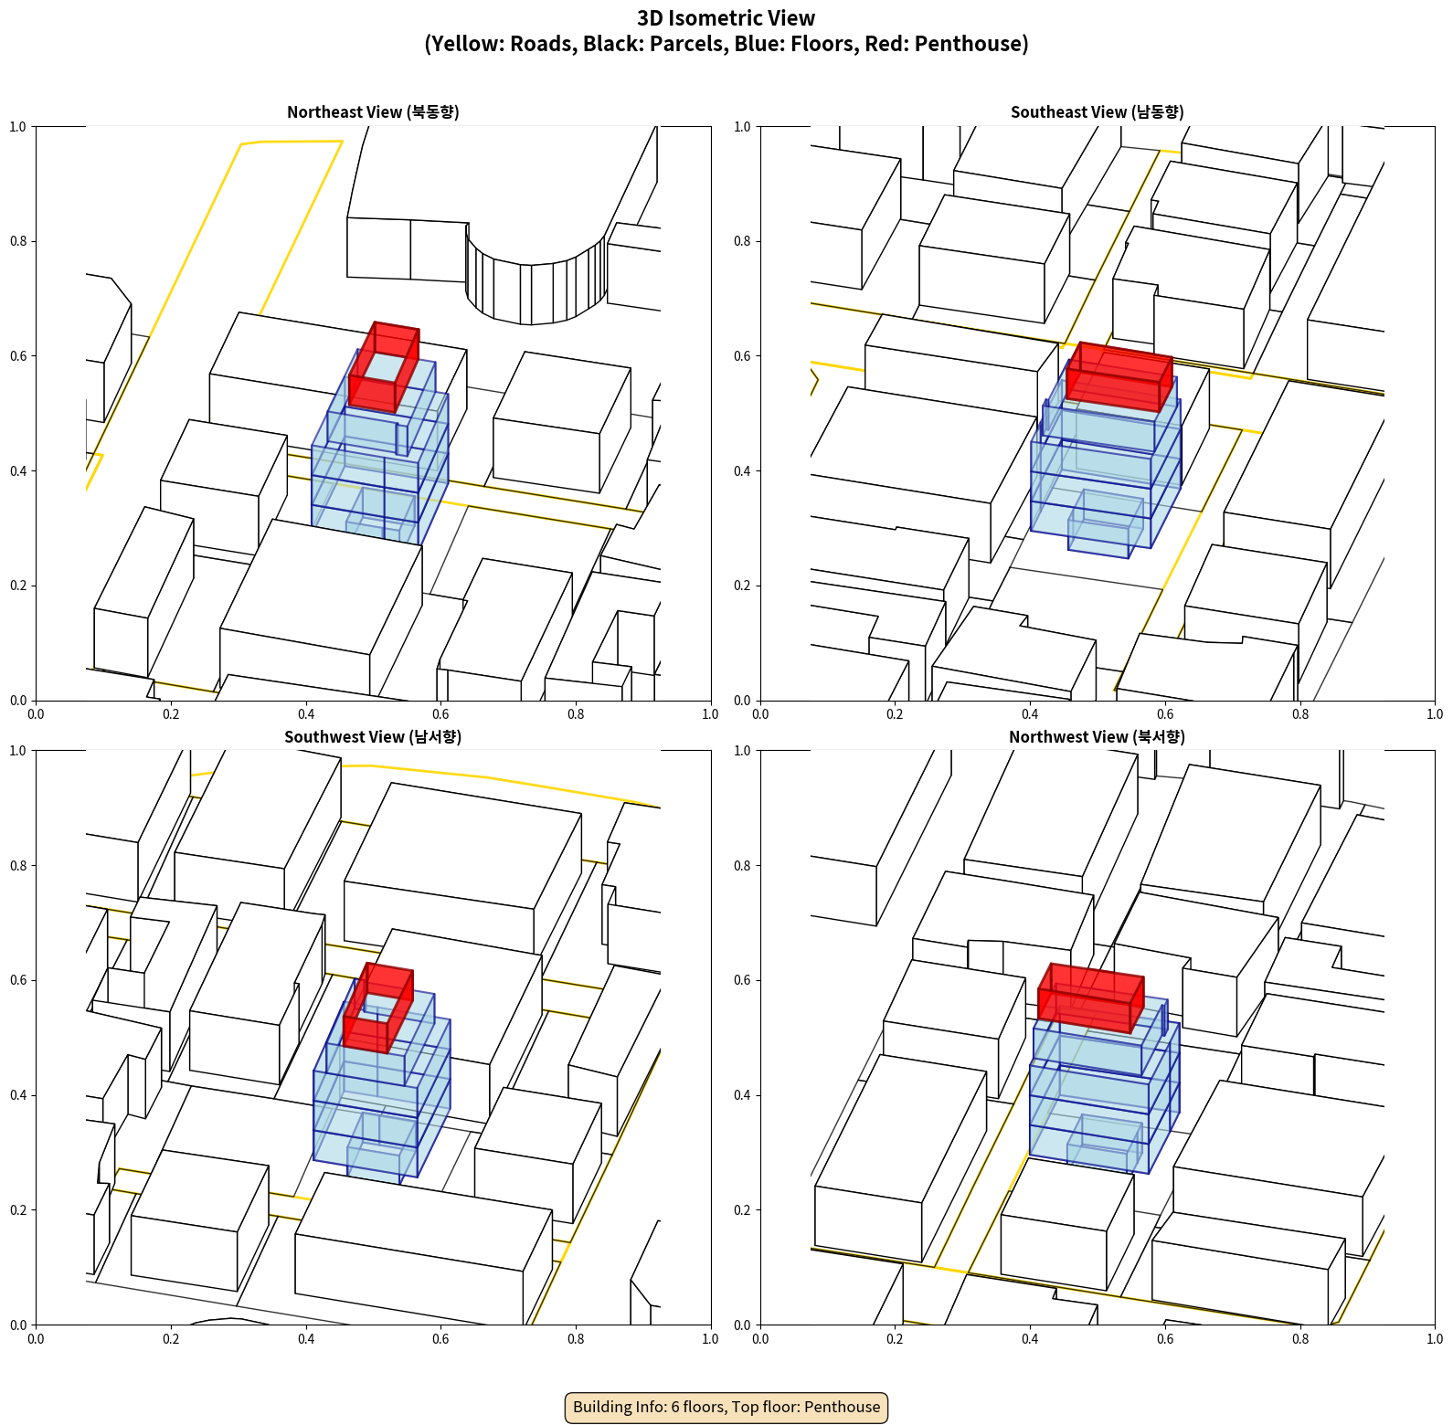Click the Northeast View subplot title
point(373,112)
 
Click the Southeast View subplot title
point(1097,112)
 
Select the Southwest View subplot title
point(373,737)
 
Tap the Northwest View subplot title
point(1097,737)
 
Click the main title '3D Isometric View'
point(726,18)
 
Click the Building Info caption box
point(726,1407)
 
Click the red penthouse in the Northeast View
point(384,366)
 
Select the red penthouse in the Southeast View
point(1119,376)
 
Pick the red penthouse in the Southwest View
point(377,1008)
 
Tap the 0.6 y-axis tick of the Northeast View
point(18,356)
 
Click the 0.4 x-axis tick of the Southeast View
point(1030,714)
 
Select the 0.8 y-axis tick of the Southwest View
point(18,865)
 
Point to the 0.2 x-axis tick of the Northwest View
point(895,1339)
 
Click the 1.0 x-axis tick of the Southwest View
point(710,1339)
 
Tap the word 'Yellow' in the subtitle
point(469,44)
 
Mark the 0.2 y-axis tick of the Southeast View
point(743,586)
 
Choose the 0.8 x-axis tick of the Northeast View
point(576,714)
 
